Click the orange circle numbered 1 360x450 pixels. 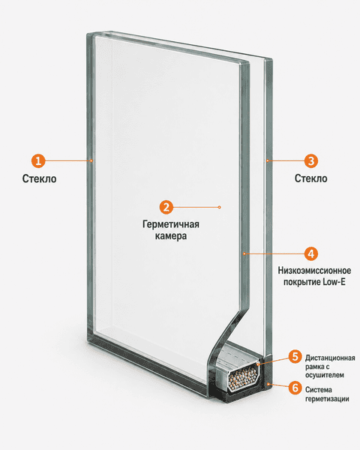coord(38,160)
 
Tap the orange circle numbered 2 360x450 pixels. coord(166,207)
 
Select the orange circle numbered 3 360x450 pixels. coord(311,160)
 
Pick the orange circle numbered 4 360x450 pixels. coord(311,253)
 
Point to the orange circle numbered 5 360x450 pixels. coord(295,357)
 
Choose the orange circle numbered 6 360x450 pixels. coord(295,388)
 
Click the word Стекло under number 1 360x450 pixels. coord(39,178)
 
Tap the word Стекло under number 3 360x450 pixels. coord(311,178)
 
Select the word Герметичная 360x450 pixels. coord(171,224)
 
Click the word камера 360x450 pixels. coord(171,236)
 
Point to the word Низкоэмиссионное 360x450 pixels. coord(314,270)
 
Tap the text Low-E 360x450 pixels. coord(334,282)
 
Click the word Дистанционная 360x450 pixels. coord(330,358)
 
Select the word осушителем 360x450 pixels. coord(325,375)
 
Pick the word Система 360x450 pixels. coord(319,390)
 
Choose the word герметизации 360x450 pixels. coord(327,399)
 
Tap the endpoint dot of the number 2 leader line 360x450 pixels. coord(219,207)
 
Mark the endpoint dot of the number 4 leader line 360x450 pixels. coord(244,253)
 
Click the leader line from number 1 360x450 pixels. coord(67,160)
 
